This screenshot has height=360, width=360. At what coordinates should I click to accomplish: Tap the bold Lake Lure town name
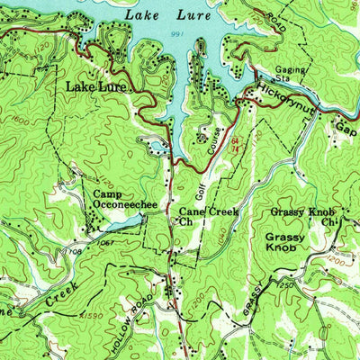(96, 87)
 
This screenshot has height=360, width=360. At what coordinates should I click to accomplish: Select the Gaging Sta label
(293, 74)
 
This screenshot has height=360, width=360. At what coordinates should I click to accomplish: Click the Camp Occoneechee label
(124, 199)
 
